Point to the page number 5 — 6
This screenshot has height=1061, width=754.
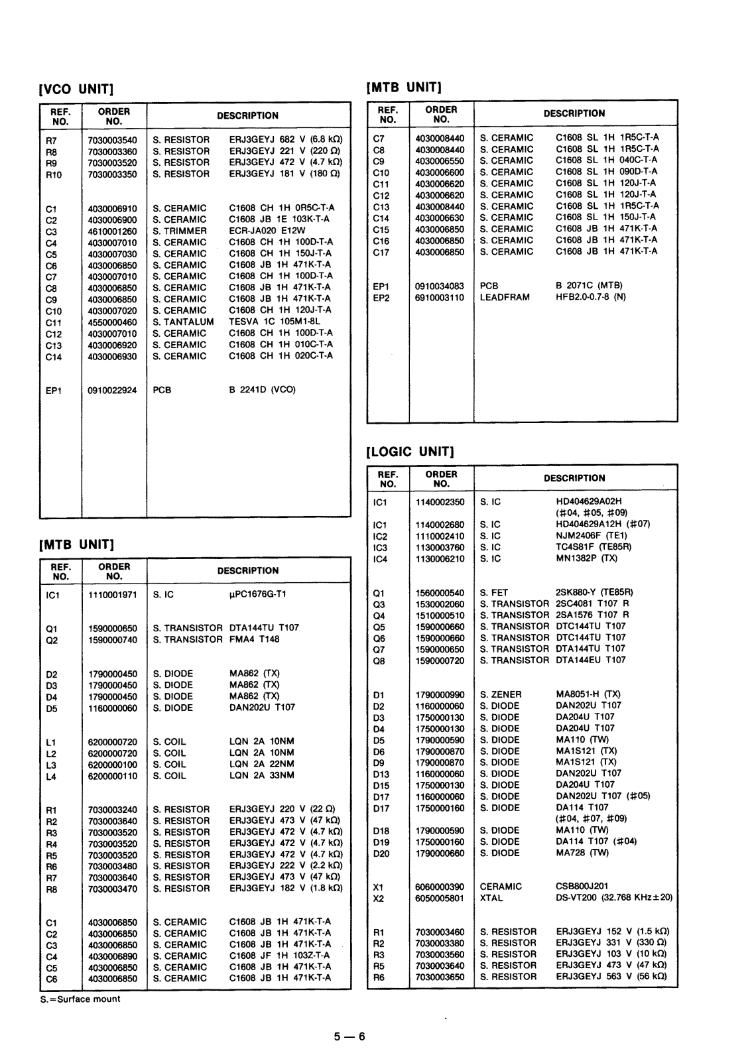tap(349, 1036)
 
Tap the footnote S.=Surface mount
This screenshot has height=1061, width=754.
tap(80, 999)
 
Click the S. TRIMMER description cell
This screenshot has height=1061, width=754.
tap(180, 231)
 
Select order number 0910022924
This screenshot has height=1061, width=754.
tap(112, 390)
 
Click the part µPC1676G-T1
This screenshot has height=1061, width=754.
tap(257, 594)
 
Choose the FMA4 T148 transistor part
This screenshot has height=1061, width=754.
tap(255, 639)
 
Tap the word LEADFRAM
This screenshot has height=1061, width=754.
tap(505, 297)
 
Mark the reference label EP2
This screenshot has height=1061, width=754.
tap(381, 298)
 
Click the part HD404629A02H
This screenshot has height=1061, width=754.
tap(589, 501)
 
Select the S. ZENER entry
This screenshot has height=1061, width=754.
tap(501, 694)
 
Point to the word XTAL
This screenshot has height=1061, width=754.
tap(491, 898)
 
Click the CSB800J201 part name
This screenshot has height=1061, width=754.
tap(582, 887)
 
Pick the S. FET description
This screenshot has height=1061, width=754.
tap(494, 592)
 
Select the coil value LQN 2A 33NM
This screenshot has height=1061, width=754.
tap(261, 775)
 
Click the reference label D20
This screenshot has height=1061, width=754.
tap(381, 853)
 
